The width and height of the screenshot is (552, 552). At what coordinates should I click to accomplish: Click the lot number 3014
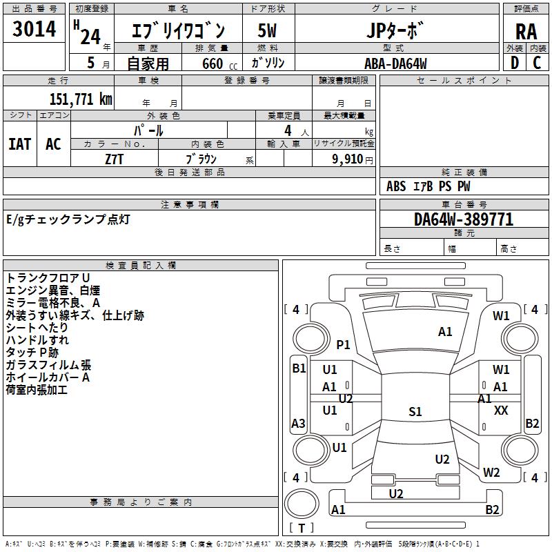(34, 28)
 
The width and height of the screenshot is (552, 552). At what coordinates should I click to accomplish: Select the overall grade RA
(526, 32)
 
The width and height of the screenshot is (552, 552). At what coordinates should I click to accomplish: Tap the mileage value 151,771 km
(81, 99)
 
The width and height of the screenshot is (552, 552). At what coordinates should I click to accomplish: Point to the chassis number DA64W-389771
(464, 219)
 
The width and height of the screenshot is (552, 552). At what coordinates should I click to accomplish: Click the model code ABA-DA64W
(395, 63)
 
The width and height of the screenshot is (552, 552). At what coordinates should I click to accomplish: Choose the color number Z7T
(114, 159)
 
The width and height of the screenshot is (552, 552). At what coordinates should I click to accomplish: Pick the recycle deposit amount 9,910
(348, 159)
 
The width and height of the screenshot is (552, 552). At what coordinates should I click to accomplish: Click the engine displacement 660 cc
(219, 63)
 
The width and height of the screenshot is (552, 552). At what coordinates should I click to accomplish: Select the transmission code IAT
(20, 144)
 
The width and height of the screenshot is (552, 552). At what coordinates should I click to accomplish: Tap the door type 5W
(267, 30)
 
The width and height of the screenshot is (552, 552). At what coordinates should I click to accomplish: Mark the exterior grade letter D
(515, 63)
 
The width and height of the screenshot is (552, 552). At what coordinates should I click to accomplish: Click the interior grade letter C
(537, 63)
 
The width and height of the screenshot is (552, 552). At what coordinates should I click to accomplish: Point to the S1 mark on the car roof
(415, 411)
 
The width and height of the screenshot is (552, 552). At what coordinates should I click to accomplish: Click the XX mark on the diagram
(501, 410)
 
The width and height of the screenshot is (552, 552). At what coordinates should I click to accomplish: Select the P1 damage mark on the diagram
(343, 344)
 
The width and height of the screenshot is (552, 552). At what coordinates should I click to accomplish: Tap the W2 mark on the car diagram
(491, 472)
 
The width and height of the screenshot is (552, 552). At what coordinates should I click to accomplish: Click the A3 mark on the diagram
(298, 423)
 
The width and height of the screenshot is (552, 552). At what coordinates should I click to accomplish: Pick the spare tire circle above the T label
(302, 504)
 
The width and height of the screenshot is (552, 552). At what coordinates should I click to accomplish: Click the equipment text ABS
(396, 186)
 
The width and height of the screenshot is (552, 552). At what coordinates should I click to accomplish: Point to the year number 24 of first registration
(90, 37)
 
